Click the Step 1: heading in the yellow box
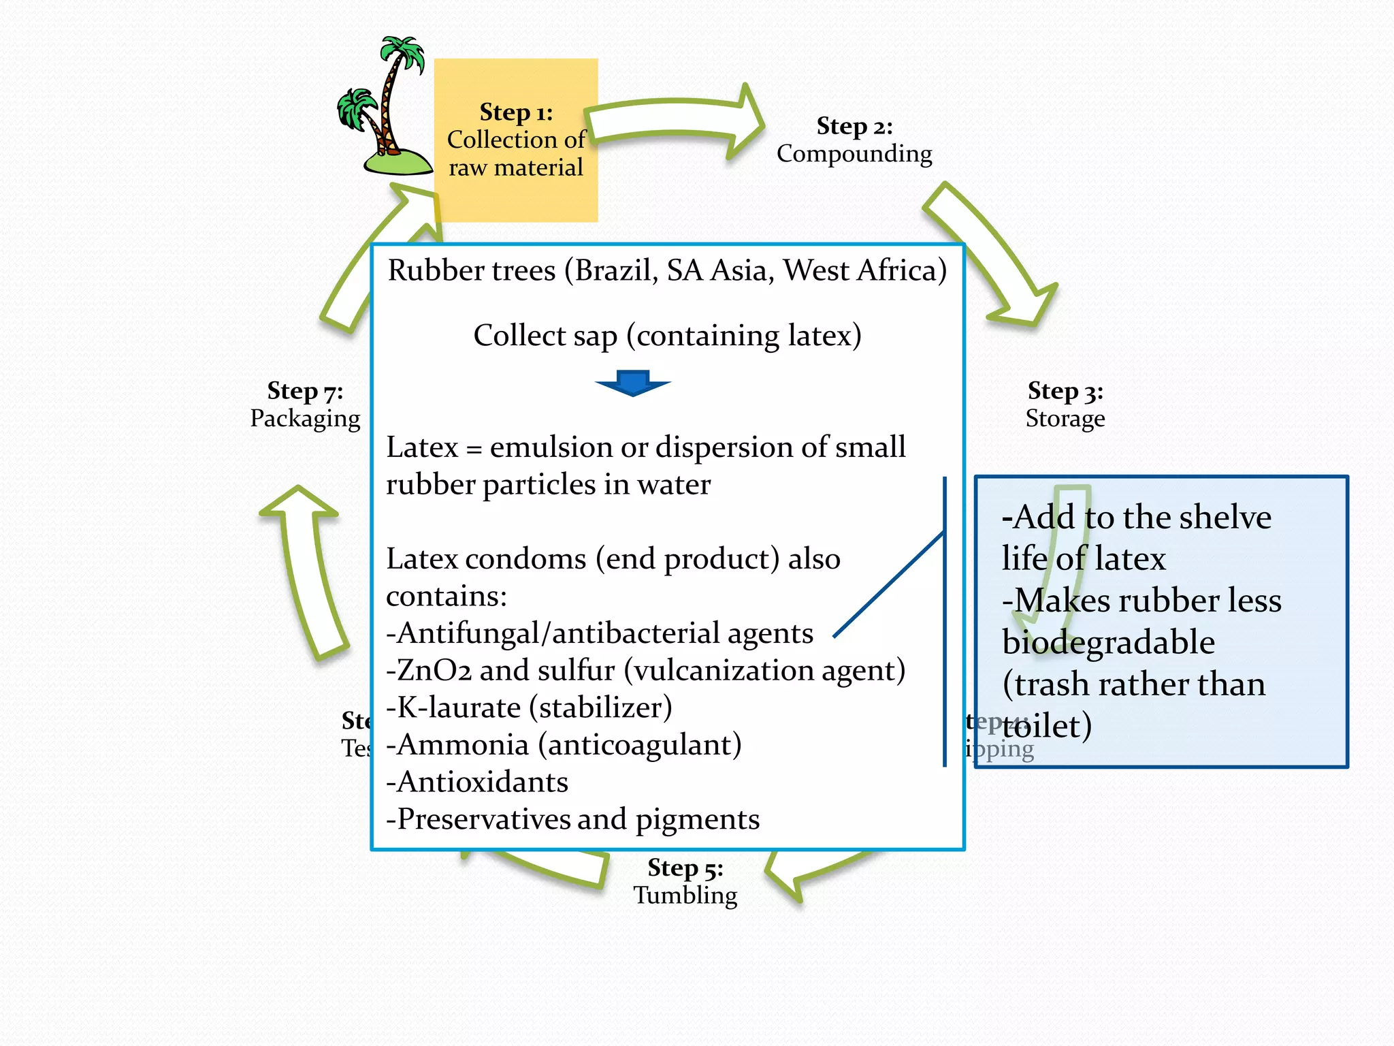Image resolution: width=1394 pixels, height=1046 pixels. point(516,112)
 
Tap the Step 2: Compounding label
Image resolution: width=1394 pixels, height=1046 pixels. point(854,140)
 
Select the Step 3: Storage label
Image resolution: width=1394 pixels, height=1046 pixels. point(1065,405)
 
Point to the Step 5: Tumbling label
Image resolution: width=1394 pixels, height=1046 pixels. point(685,881)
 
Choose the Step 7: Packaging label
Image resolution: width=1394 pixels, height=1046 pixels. point(305,405)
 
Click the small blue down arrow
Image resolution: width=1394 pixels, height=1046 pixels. point(633,383)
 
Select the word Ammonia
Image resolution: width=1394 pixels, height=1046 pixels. point(463,745)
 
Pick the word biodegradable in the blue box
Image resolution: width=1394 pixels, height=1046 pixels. point(1108,642)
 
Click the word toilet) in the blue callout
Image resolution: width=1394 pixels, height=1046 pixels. point(1047,726)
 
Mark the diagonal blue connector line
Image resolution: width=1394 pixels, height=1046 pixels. point(889,584)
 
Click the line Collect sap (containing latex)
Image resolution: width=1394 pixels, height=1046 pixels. point(667,336)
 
